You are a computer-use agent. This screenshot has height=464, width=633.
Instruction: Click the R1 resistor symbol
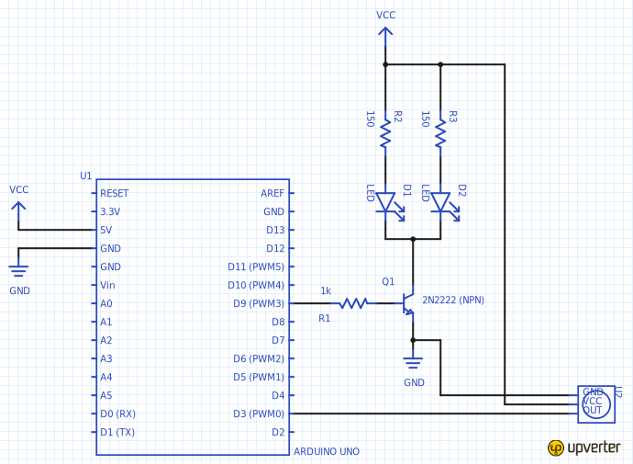(353, 303)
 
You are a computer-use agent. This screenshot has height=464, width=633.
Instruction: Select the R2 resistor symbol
(385, 135)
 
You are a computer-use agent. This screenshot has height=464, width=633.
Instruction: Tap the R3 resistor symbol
(440, 135)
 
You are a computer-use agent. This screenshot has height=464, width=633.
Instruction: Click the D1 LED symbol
(385, 202)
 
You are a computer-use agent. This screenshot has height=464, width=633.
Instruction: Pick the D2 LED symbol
(440, 202)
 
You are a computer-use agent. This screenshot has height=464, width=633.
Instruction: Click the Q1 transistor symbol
(408, 303)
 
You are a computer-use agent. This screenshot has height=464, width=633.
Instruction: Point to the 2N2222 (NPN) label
(453, 300)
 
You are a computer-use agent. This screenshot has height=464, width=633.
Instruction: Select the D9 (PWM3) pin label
(258, 303)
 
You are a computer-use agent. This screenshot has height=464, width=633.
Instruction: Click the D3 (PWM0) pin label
(258, 413)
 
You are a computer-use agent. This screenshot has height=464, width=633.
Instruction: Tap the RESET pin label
(115, 193)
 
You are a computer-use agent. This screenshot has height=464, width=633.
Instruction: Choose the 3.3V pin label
(110, 211)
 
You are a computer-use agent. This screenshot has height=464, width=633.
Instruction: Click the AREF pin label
(272, 193)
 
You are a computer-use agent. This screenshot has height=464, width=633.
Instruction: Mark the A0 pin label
(106, 303)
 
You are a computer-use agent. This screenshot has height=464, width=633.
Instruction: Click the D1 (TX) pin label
(117, 432)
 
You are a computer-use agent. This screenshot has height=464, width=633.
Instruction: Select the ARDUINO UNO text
(326, 451)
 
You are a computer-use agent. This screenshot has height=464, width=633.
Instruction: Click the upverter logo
(584, 447)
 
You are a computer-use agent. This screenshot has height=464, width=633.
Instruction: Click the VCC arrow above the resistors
(385, 35)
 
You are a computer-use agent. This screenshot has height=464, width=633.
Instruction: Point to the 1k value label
(326, 291)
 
